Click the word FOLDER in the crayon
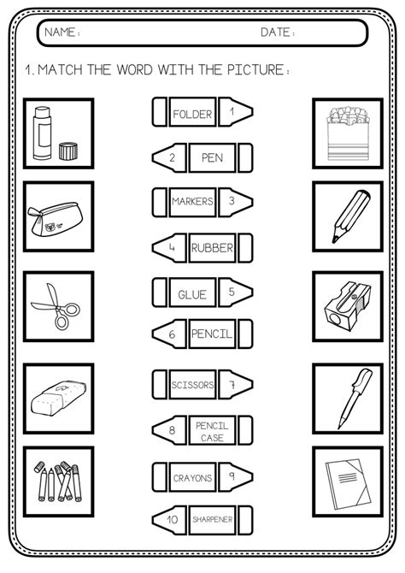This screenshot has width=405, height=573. point(192,113)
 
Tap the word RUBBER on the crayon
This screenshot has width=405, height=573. point(212,249)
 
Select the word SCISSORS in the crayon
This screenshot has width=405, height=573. point(192,385)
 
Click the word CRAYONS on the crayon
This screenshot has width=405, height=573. point(192,477)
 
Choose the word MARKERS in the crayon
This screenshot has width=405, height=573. point(192,203)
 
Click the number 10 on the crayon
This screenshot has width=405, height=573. point(173,518)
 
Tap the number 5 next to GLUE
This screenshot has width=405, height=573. point(231,292)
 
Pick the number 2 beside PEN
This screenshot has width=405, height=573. point(173,157)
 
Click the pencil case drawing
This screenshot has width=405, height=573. point(57,215)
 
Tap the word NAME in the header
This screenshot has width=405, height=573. point(62,34)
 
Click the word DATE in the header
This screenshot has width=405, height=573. point(278,34)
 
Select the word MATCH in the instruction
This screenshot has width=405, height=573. point(65,70)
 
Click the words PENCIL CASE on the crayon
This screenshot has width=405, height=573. point(212,430)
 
